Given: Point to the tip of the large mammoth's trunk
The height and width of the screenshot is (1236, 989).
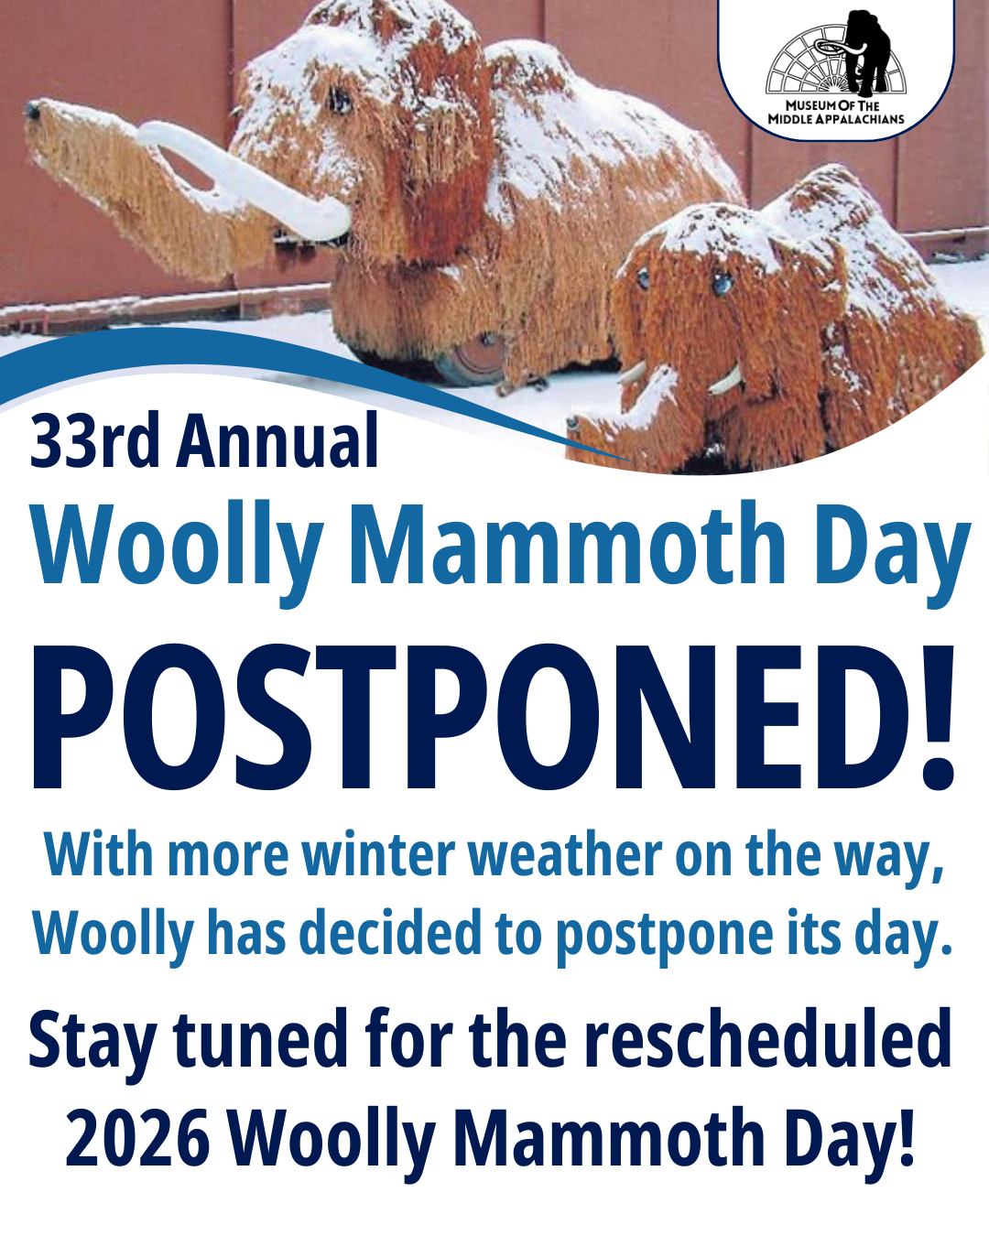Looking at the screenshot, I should point(34,113).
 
